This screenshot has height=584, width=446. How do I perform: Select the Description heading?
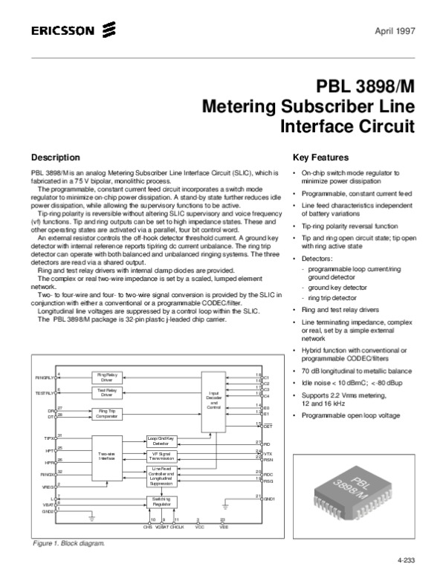tap(54, 158)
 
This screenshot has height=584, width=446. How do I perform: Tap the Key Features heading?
tap(321, 158)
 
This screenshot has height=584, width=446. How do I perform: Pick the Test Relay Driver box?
tap(108, 392)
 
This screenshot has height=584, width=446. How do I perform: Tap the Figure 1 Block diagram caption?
tap(68, 543)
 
